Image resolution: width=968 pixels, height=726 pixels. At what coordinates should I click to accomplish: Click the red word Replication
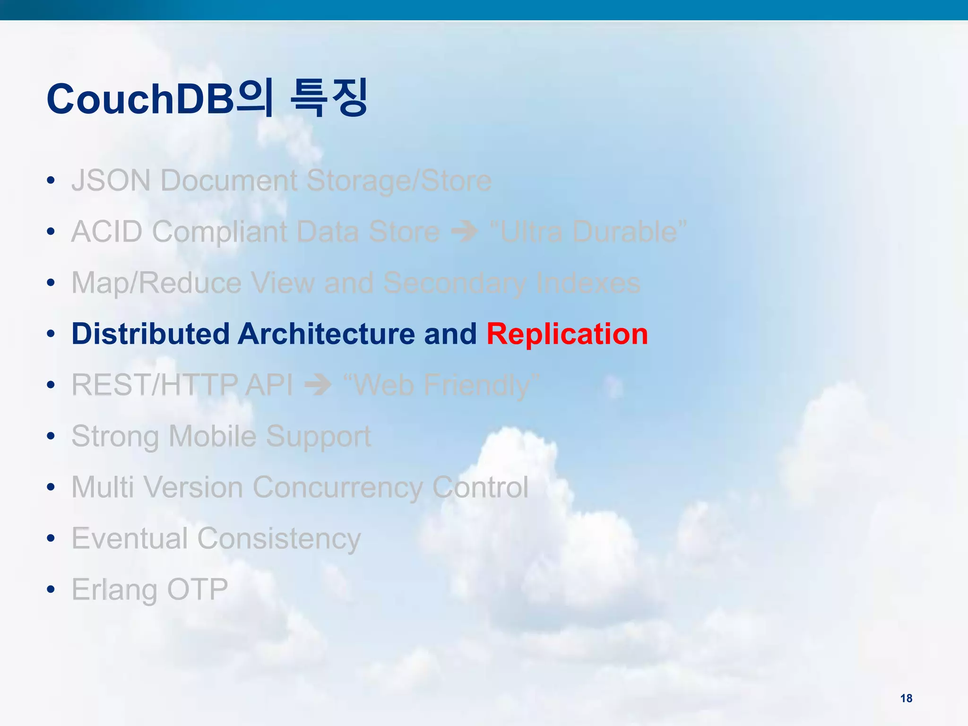tap(567, 334)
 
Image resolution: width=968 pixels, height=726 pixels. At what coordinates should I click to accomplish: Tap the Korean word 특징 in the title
tap(328, 98)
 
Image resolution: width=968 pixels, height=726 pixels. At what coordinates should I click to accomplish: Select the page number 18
tap(906, 698)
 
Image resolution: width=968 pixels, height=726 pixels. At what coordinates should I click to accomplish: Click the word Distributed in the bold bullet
tap(150, 334)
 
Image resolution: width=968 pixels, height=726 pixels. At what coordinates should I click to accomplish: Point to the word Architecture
tap(326, 334)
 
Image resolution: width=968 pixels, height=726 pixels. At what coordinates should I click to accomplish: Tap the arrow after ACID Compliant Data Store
tap(464, 232)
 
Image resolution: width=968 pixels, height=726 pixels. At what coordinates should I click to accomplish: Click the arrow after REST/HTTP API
tap(318, 385)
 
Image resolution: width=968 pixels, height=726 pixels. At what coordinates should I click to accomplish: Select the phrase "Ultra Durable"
tap(588, 232)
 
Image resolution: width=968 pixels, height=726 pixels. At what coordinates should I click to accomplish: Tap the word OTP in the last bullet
tap(198, 589)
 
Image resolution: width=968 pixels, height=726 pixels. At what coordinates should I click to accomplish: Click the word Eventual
tap(130, 538)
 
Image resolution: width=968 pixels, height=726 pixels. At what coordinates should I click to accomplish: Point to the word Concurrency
tap(337, 487)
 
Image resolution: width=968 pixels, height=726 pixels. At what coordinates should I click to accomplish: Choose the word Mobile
tap(212, 436)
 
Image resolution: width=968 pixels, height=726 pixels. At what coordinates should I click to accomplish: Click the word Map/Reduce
tap(156, 283)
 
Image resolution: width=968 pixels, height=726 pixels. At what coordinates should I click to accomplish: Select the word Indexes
tap(588, 283)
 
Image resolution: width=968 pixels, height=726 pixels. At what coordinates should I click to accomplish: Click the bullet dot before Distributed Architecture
tap(51, 334)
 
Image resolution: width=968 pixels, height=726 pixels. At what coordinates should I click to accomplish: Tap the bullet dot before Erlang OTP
tap(51, 589)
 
